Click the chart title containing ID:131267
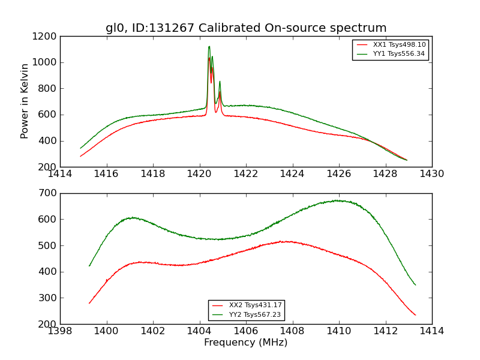point(246,28)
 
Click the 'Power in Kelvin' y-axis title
point(25,101)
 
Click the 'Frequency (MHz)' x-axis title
point(246,343)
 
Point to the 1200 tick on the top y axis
point(46,36)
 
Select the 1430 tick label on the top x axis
point(431,174)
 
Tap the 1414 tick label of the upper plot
point(60,174)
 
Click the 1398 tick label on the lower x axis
point(60,331)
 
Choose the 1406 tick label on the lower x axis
point(246,331)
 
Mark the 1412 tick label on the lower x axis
point(385,331)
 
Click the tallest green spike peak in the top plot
point(209,46)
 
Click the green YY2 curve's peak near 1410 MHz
point(338,200)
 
